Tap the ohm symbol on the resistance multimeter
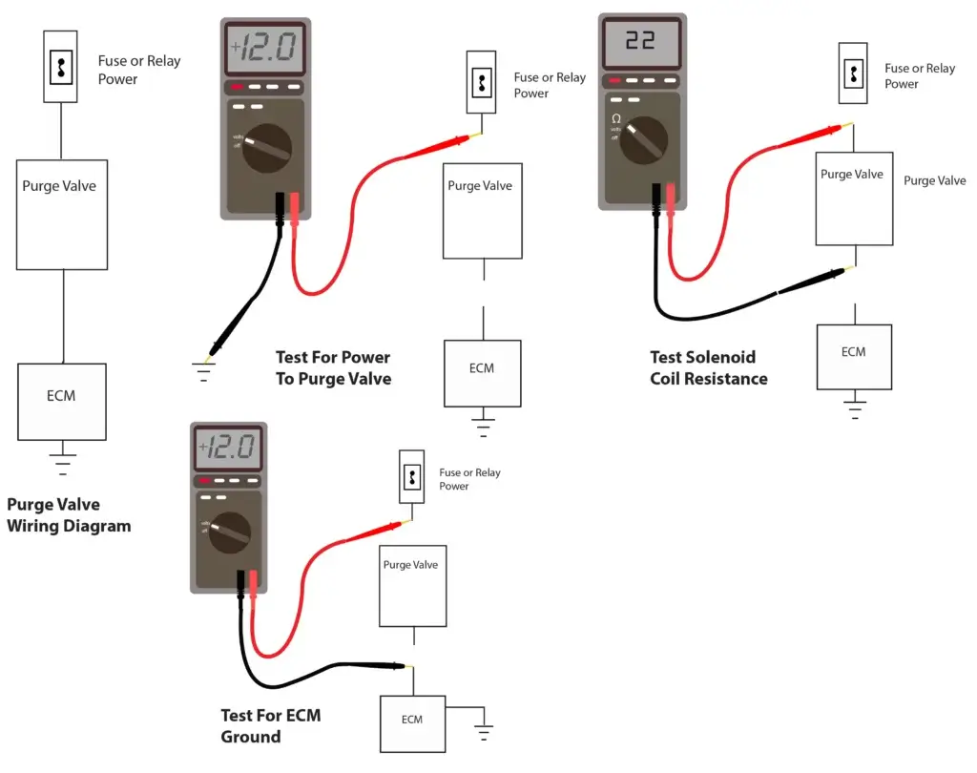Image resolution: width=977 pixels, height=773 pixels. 616,118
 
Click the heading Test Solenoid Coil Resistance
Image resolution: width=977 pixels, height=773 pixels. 708,367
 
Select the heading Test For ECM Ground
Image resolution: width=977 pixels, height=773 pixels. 263,725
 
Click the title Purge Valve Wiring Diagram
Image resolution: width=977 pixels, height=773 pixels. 68,515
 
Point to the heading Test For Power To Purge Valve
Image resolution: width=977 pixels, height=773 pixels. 333,367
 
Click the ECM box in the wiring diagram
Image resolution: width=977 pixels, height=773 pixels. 61,396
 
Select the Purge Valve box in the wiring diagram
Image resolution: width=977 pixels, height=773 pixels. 61,214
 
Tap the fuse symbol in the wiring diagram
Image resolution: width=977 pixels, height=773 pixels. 61,67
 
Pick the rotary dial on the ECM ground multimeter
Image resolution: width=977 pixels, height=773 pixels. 226,532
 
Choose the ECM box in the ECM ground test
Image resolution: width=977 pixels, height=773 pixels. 412,721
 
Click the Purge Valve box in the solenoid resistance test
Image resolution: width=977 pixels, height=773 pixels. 854,198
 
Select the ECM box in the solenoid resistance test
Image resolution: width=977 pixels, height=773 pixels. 854,356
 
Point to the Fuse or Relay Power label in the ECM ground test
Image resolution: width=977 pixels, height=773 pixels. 468,479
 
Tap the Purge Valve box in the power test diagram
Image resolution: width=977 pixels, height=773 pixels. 482,210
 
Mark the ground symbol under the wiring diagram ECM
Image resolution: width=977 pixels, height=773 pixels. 63,462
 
